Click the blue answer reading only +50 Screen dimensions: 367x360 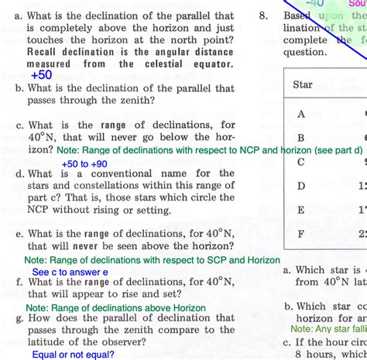pos(41,75)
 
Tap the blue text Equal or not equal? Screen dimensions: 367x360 pos(74,355)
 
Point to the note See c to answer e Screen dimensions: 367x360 pos(70,272)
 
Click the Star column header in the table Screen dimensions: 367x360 pos(303,84)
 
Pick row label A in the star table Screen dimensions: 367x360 pos(301,114)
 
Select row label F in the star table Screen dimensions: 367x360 pos(301,233)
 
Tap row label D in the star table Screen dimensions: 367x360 pos(301,186)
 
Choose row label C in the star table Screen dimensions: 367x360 pos(301,162)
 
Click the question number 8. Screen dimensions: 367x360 pos(264,15)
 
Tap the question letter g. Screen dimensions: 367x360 pos(19,317)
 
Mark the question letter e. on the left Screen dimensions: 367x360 pos(19,233)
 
